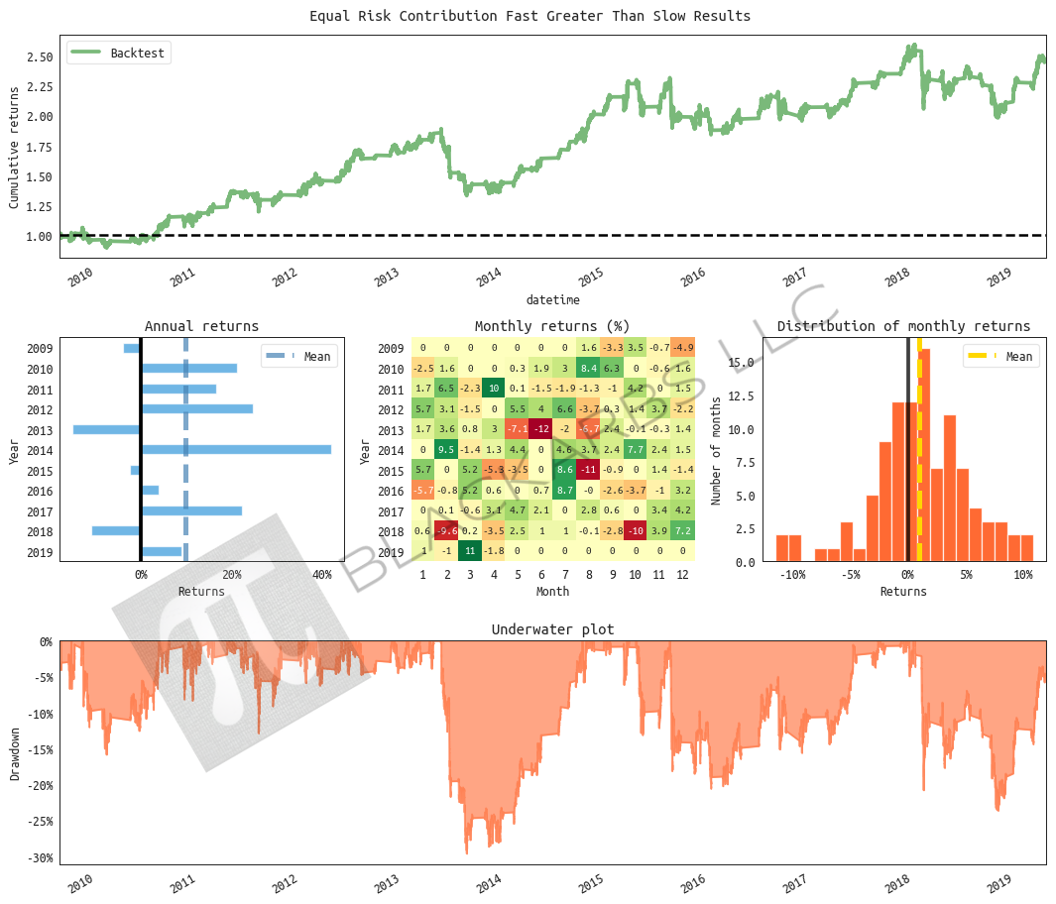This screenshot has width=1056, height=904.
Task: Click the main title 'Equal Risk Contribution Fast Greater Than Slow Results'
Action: click(x=529, y=16)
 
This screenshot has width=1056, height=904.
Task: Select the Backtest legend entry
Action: click(x=119, y=53)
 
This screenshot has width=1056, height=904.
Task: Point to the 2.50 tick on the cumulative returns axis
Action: click(x=40, y=57)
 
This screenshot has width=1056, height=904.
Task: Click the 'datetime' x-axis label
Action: click(x=552, y=299)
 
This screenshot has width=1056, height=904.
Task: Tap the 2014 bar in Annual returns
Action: click(x=236, y=449)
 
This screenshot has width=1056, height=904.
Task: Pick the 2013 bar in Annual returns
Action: click(x=107, y=429)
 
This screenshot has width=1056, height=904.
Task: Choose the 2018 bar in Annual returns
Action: click(x=116, y=530)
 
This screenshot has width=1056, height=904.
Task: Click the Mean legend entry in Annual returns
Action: click(x=298, y=357)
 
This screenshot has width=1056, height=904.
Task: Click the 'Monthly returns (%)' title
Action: click(x=552, y=326)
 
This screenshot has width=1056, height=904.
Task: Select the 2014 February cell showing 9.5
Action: click(x=447, y=449)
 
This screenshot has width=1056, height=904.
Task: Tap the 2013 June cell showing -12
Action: click(x=541, y=429)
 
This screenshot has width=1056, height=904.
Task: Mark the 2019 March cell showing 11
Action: click(x=471, y=551)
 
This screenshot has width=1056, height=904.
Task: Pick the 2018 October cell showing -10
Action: click(x=636, y=530)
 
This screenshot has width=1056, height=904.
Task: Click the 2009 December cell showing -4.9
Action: click(x=682, y=348)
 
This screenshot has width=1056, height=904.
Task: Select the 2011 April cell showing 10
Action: click(x=494, y=389)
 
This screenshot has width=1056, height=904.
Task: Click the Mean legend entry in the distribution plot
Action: click(x=1000, y=357)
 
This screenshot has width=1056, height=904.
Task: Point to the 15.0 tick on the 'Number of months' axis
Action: click(x=743, y=363)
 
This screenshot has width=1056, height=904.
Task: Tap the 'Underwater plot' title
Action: click(x=552, y=629)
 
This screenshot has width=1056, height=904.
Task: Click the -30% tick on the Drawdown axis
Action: click(x=40, y=857)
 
